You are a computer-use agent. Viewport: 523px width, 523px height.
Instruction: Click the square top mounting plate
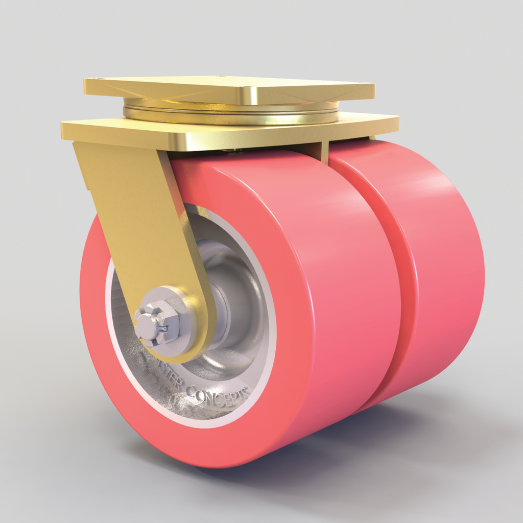230,88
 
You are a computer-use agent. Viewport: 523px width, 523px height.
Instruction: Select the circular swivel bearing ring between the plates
230,113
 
